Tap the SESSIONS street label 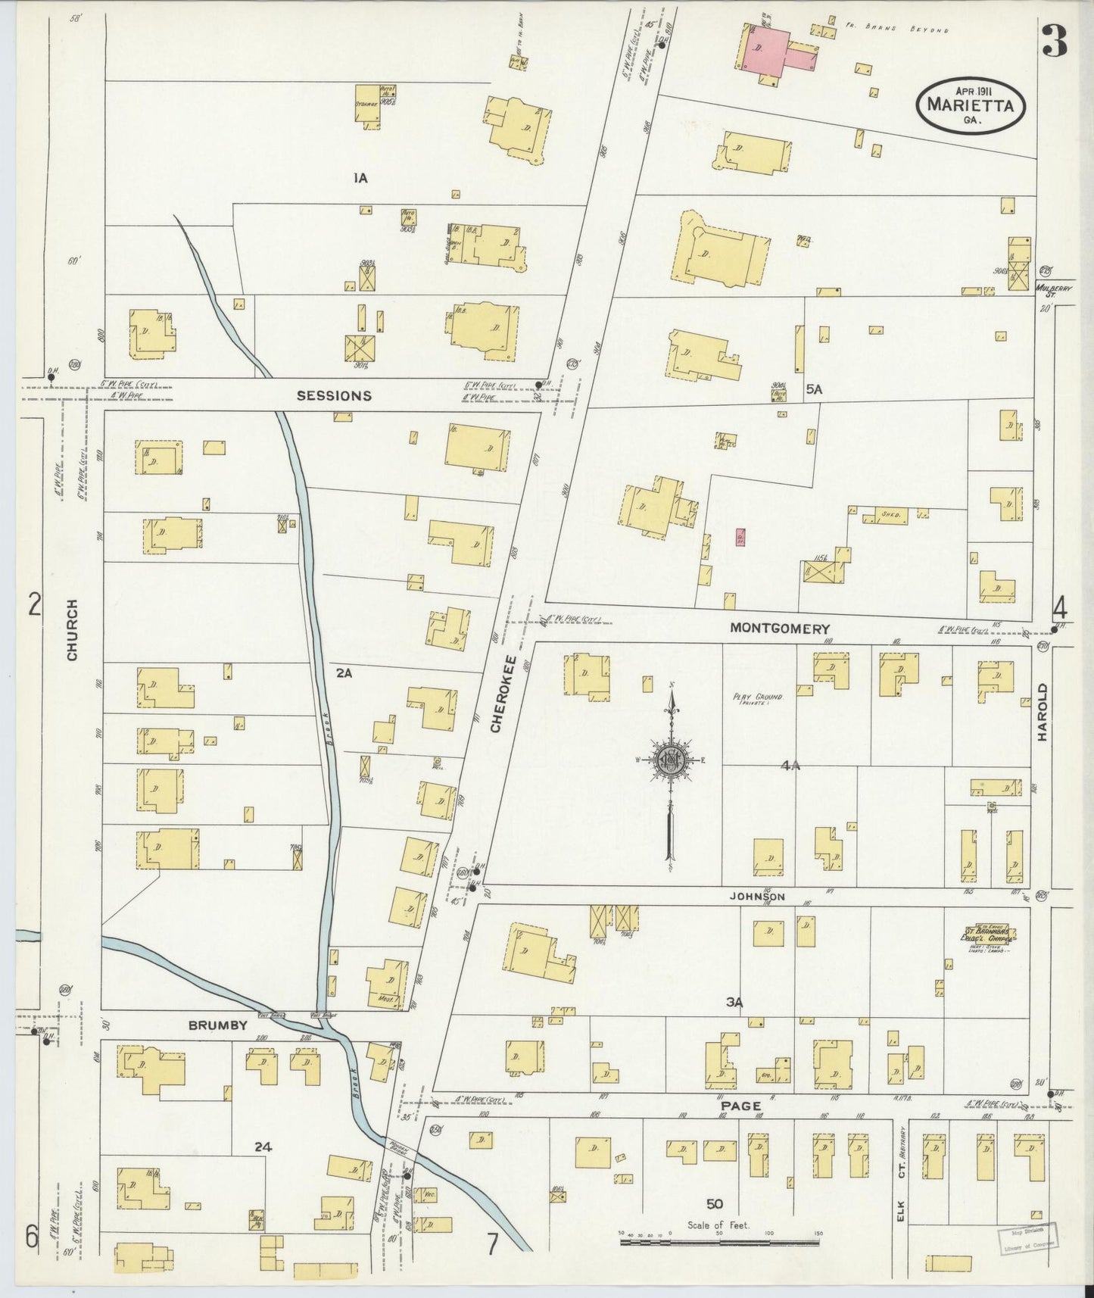pyautogui.click(x=334, y=395)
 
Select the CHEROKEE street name pyautogui.click(x=497, y=693)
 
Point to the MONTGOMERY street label pyautogui.click(x=780, y=629)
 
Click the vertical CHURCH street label pyautogui.click(x=73, y=630)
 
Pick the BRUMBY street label pyautogui.click(x=218, y=1025)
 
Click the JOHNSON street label pyautogui.click(x=757, y=897)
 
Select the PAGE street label pyautogui.click(x=740, y=1106)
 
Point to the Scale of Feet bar pyautogui.click(x=720, y=1243)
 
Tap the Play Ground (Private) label pyautogui.click(x=756, y=700)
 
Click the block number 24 pyautogui.click(x=263, y=1147)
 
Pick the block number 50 pyautogui.click(x=715, y=1204)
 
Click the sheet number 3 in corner pyautogui.click(x=1055, y=41)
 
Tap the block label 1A pyautogui.click(x=360, y=179)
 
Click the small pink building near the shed pyautogui.click(x=740, y=538)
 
